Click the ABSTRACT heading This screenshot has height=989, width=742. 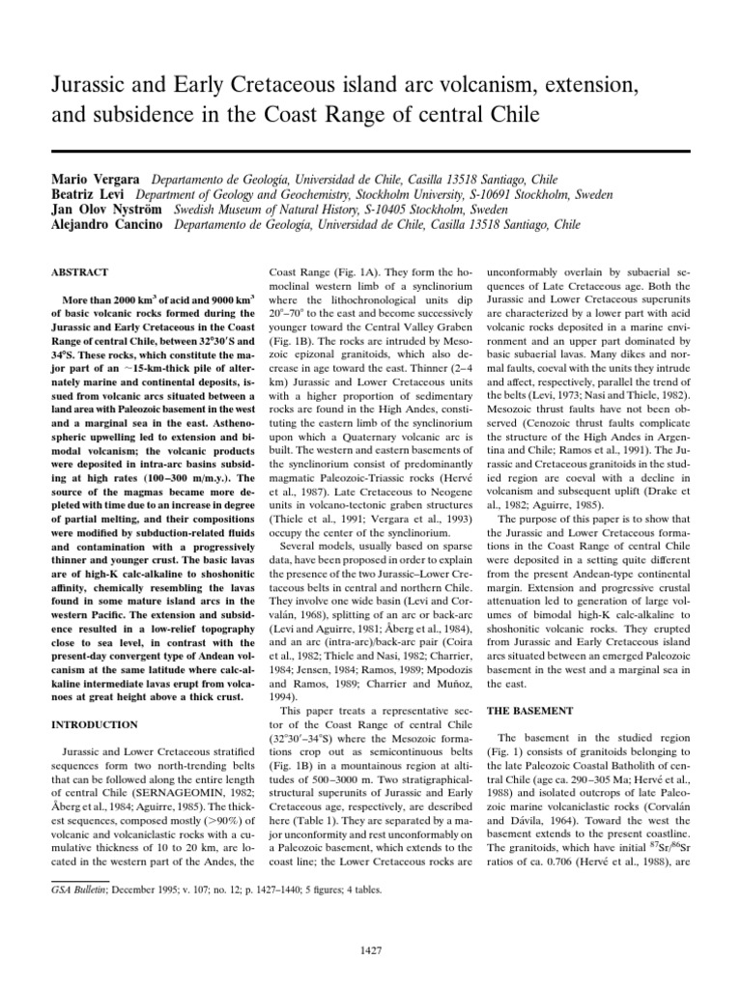(80, 273)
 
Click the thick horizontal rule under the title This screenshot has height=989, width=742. (371, 151)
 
